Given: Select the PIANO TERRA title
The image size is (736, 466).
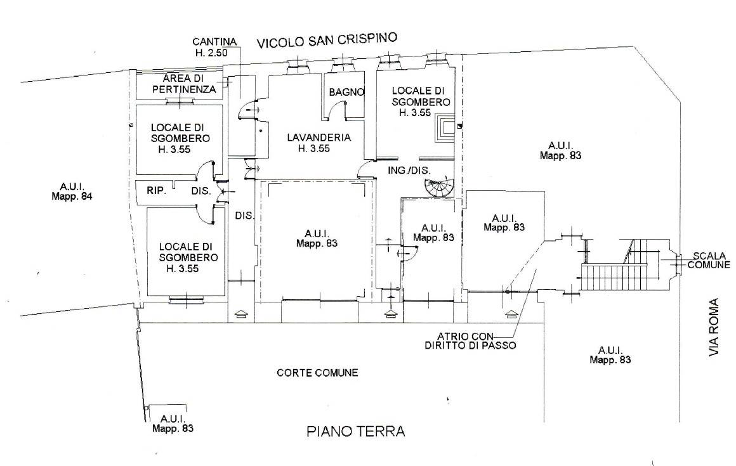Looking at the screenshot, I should pos(355,432).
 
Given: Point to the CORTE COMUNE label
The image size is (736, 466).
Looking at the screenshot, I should pos(317,373).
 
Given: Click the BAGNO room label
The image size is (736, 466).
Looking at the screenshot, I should pos(346,92).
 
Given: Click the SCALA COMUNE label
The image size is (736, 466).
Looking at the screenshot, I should pos(709,261).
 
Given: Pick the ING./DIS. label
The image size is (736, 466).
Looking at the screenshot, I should pos(409,170).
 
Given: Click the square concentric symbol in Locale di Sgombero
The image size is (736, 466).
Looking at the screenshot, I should pos(445,129).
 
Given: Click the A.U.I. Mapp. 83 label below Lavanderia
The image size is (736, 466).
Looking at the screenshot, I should pos(315,237).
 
